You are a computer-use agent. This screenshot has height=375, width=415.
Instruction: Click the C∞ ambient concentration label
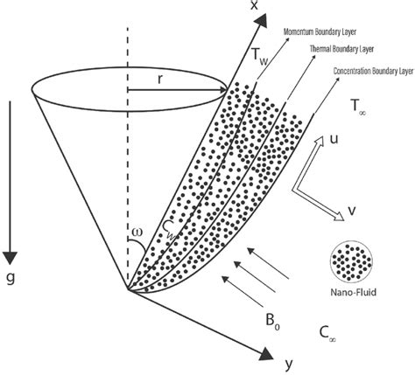coord(329,335)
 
